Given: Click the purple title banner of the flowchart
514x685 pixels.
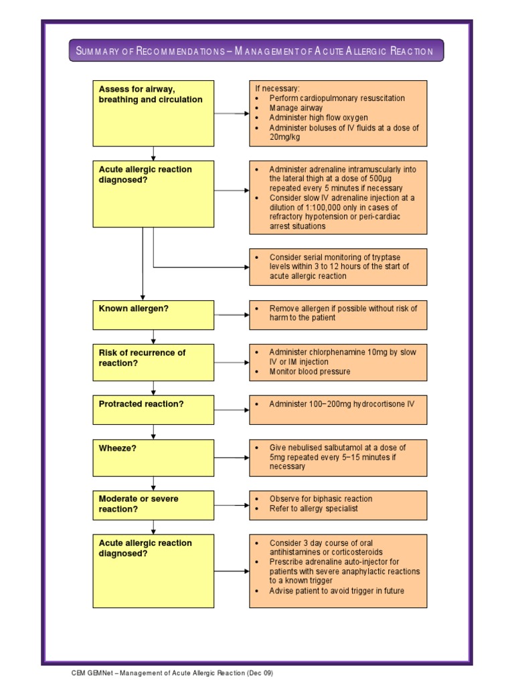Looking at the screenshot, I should pyautogui.click(x=256, y=51).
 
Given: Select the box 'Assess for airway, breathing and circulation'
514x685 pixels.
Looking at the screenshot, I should pyautogui.click(x=153, y=113).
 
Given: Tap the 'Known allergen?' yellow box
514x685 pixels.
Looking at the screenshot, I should pyautogui.click(x=153, y=314).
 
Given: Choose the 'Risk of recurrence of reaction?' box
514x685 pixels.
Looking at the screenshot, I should pyautogui.click(x=153, y=363).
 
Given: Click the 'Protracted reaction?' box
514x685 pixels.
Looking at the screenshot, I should pyautogui.click(x=153, y=409).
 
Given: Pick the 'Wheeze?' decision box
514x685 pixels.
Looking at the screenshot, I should pyautogui.click(x=153, y=458).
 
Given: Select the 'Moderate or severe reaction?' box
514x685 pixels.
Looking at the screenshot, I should pyautogui.click(x=153, y=505).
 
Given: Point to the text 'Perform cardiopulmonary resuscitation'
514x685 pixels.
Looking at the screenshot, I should pyautogui.click(x=337, y=98).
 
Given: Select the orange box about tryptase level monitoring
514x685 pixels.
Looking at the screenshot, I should pyautogui.click(x=338, y=266).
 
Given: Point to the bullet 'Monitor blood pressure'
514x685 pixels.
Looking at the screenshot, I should pyautogui.click(x=309, y=371).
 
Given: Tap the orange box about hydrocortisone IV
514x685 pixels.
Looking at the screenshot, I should pyautogui.click(x=338, y=409).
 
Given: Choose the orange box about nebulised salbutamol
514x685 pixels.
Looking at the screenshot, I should pyautogui.click(x=338, y=458).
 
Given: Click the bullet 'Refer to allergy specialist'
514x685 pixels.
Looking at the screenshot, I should pyautogui.click(x=313, y=508).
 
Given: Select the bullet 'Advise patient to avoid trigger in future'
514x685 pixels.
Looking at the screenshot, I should pyautogui.click(x=337, y=591).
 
